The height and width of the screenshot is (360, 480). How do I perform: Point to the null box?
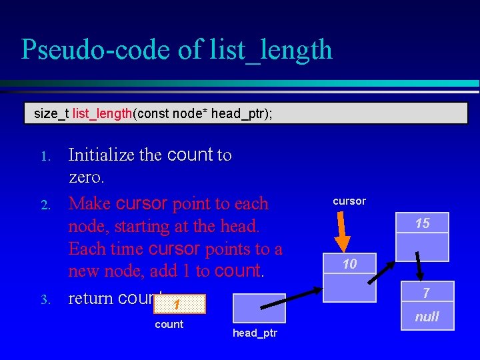(427, 317)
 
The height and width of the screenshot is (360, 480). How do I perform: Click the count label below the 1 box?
(169, 324)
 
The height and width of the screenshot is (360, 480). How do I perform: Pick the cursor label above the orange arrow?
(349, 201)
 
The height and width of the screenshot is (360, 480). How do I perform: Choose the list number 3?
(45, 300)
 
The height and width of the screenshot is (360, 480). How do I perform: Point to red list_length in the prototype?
(102, 114)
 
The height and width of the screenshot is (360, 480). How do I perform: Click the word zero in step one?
(86, 178)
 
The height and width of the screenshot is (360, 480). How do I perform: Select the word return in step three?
(91, 297)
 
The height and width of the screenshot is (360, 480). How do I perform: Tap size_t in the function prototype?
(51, 114)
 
